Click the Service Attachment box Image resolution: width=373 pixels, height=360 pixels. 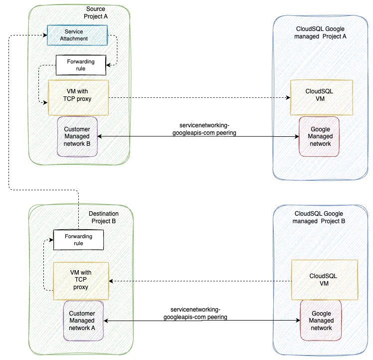click(x=77, y=35)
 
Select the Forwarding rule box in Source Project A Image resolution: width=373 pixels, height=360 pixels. click(x=80, y=64)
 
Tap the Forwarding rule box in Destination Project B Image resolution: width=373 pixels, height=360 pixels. click(x=78, y=240)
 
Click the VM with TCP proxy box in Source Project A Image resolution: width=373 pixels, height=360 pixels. click(x=78, y=95)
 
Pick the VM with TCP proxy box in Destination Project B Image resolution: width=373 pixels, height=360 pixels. click(x=80, y=280)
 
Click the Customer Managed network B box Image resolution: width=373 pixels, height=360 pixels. click(x=77, y=136)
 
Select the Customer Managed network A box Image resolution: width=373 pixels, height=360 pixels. click(x=83, y=320)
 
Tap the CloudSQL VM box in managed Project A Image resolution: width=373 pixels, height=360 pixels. click(x=322, y=95)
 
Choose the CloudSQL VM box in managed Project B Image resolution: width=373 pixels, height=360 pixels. click(x=324, y=279)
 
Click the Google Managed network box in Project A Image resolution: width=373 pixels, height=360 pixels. click(x=319, y=136)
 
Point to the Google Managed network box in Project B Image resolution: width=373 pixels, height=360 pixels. click(x=321, y=320)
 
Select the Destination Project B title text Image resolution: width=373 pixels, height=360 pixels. click(x=103, y=217)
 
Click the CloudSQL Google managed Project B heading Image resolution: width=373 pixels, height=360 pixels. click(x=319, y=217)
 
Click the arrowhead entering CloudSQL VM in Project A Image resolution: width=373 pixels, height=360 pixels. click(x=288, y=98)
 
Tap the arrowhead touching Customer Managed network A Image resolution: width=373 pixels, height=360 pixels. click(x=106, y=320)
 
